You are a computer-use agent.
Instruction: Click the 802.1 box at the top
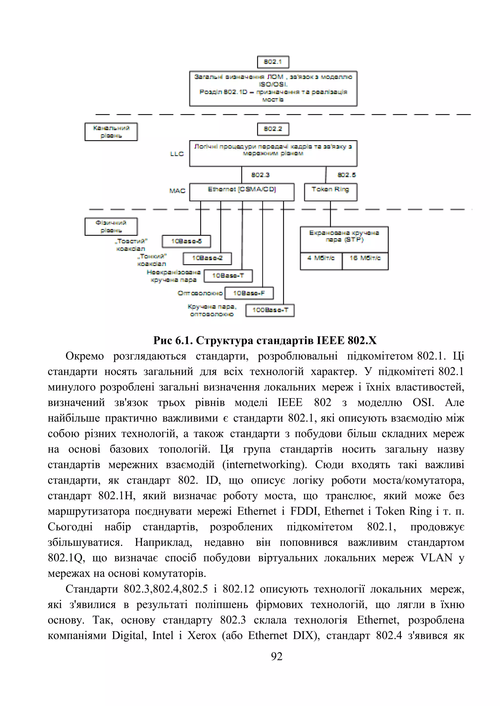[273, 62]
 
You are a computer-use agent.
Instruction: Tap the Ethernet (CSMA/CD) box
[242, 192]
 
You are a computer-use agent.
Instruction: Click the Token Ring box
[330, 192]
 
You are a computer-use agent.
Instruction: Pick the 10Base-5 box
[186, 241]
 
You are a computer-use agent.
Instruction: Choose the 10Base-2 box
[207, 258]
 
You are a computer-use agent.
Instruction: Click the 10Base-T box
[228, 276]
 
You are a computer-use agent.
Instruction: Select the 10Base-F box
[249, 293]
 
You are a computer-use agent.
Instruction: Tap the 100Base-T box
[270, 310]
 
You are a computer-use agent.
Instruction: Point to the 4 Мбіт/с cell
[321, 261]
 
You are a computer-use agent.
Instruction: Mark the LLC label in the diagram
[177, 154]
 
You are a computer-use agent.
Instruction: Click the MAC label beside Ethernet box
[177, 191]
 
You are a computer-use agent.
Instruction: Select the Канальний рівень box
[111, 132]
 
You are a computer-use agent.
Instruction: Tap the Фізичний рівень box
[111, 227]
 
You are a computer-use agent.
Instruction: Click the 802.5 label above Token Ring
[346, 175]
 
